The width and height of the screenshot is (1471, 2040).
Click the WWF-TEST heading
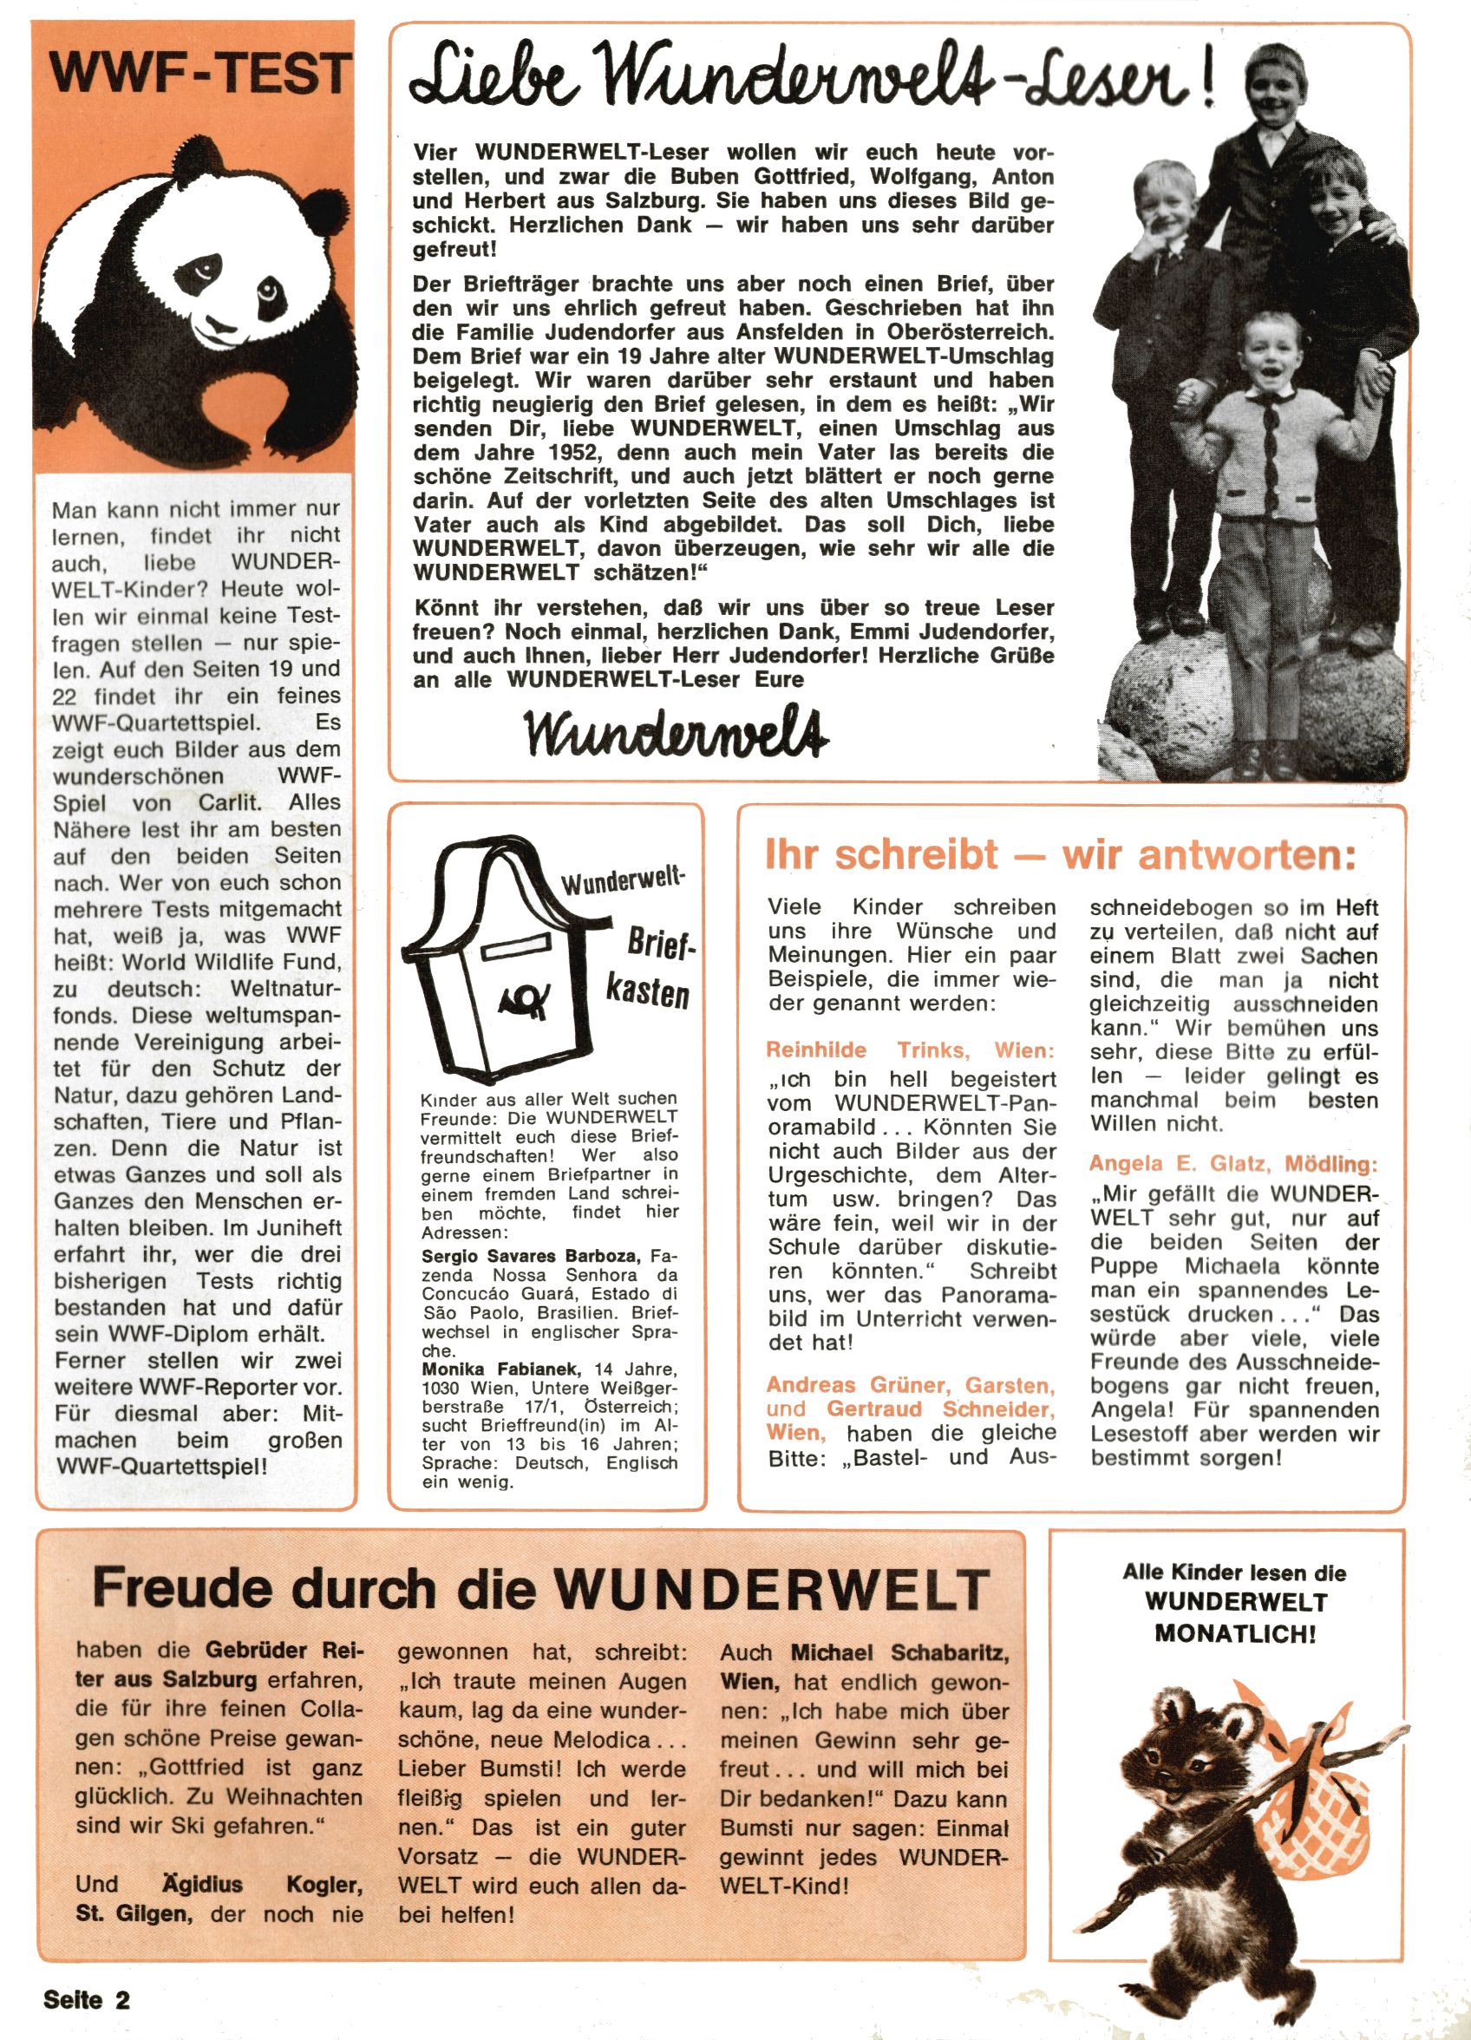click(198, 74)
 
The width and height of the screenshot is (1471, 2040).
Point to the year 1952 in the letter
click(561, 453)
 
